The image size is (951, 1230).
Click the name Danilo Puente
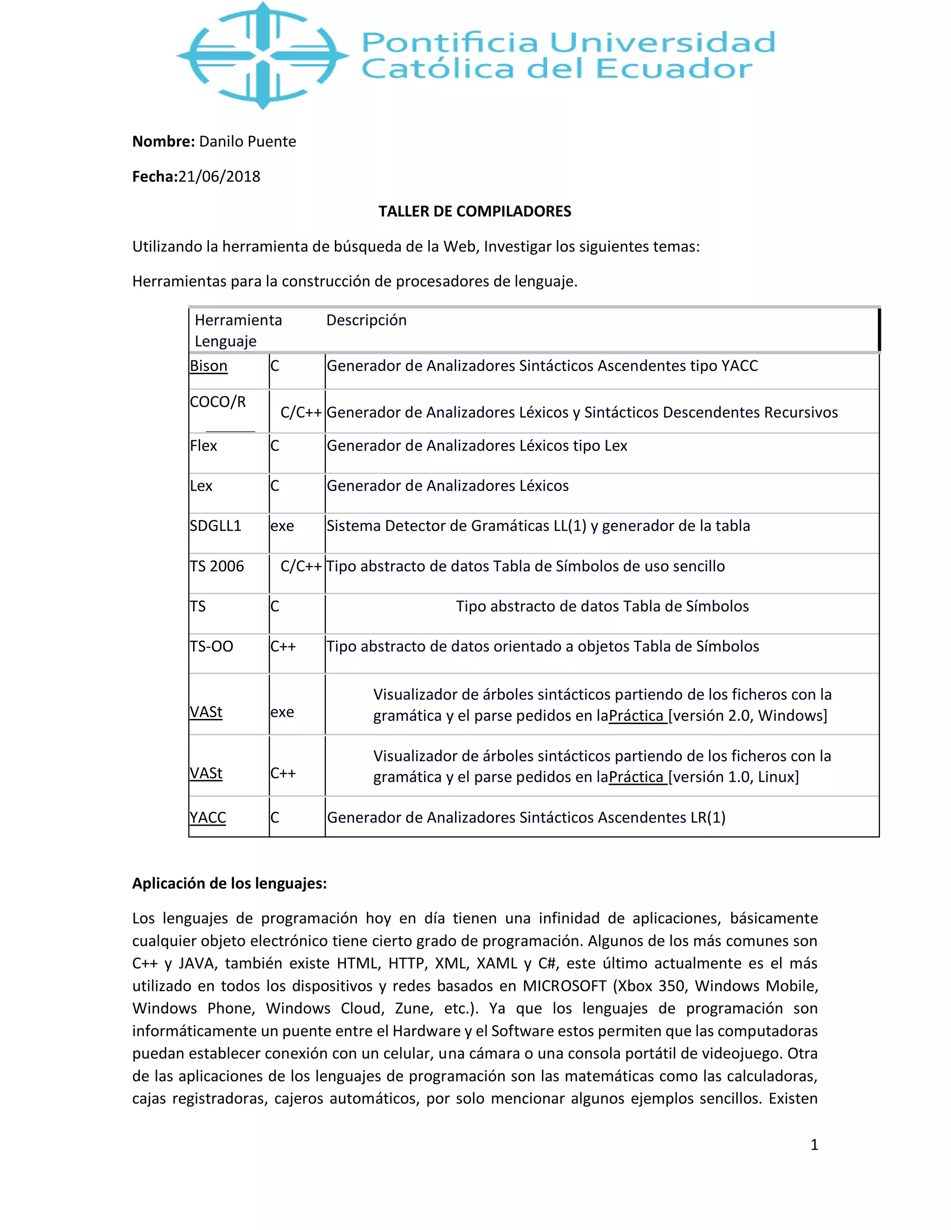248,142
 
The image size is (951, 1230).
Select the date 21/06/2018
219,176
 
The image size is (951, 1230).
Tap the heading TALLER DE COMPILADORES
475,211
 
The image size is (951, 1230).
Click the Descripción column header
366,320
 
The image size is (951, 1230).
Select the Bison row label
208,366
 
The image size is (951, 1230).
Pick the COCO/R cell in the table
218,401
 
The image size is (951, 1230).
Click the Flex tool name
203,446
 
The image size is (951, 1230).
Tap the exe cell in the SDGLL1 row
282,525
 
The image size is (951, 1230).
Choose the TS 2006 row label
217,566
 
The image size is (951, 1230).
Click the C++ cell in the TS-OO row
283,646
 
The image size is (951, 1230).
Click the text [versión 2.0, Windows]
748,715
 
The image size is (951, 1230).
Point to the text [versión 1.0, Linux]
734,777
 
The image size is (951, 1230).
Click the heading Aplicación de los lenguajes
229,883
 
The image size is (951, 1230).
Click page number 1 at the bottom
814,1145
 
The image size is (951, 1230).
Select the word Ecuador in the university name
674,69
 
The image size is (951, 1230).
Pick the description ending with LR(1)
526,817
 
